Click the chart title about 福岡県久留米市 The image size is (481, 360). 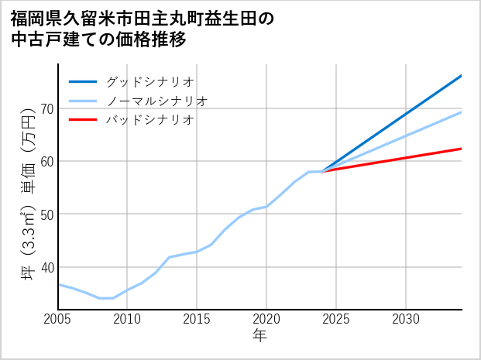pos(143,28)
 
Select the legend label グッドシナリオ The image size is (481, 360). pos(149,81)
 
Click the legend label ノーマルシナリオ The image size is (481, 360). pos(156,101)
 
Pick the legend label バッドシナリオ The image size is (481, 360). pos(149,120)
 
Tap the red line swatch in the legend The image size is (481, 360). pos(83,120)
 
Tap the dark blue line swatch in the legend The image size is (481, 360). pos(83,81)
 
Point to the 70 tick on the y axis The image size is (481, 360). pos(46,108)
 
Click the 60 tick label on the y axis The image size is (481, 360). pos(46,161)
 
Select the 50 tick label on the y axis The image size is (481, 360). pos(46,214)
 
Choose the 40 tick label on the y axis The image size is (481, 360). pos(46,267)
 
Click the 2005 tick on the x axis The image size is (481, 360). pos(58,319)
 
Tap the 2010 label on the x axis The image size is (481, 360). pos(127,319)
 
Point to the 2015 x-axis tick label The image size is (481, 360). pos(197,319)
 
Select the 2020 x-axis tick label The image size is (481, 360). pos(266,319)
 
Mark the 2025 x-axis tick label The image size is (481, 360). pos(336,319)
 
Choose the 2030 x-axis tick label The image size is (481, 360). pos(406,319)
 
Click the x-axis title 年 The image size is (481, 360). pos(260,336)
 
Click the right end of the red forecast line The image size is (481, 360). pos(461,149)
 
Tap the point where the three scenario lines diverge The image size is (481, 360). pos(322,171)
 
